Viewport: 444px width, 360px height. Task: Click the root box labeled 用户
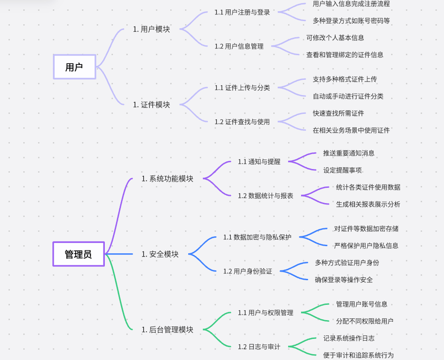tap(74, 67)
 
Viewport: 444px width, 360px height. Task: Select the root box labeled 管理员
tap(78, 254)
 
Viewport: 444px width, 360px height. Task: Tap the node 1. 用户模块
tap(151, 30)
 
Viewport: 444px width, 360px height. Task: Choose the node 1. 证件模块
tap(151, 104)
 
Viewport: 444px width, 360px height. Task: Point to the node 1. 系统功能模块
tap(167, 178)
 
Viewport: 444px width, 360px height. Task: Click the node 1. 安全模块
tap(160, 254)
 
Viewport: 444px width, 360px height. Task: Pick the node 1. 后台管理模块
tap(167, 330)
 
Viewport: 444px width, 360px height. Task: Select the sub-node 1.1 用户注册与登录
tap(242, 12)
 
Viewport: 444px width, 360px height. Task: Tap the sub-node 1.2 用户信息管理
tap(239, 46)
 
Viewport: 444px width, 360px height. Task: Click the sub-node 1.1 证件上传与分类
tap(242, 87)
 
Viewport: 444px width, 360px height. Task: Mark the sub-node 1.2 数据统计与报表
tap(265, 195)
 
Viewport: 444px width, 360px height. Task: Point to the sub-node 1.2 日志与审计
tap(259, 347)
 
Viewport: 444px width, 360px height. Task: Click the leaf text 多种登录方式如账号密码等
tap(351, 21)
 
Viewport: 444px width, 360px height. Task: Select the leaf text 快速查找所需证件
tap(338, 113)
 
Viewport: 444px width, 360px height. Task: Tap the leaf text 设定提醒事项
tap(342, 170)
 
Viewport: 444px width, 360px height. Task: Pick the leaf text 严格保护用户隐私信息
tap(366, 246)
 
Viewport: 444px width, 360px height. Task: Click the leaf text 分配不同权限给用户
tap(364, 321)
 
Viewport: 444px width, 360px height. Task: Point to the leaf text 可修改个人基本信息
tap(335, 38)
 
